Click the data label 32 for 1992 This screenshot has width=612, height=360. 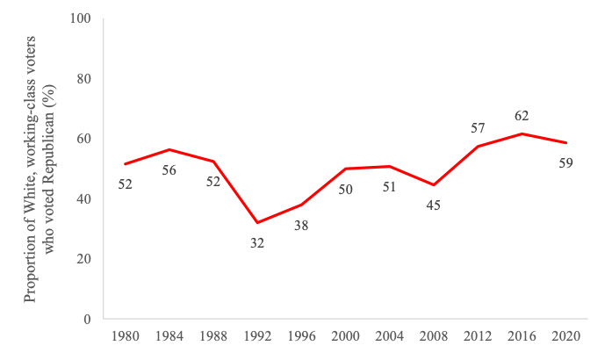click(x=257, y=243)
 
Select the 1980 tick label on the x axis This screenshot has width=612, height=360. click(x=125, y=336)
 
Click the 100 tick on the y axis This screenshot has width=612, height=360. click(x=83, y=18)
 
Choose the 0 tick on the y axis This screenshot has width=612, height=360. click(x=88, y=319)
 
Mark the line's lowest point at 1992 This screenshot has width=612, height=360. click(x=257, y=222)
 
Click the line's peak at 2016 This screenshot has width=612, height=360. click(x=522, y=133)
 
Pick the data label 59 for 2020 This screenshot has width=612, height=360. click(x=566, y=163)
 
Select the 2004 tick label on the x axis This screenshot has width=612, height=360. click(x=390, y=336)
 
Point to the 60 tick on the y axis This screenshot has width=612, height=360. click(x=85, y=139)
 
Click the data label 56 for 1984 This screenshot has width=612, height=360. click(x=169, y=170)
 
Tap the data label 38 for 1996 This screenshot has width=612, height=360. click(x=301, y=226)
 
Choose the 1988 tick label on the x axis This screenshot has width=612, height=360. click(x=213, y=336)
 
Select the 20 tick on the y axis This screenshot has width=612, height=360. click(x=85, y=259)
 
